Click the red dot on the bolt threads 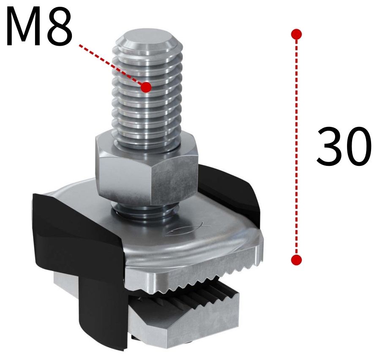point(146,87)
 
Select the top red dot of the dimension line point(297,34)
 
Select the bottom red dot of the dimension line point(297,260)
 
